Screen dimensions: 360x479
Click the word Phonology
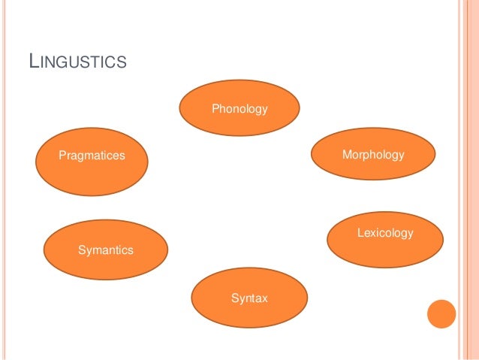[x=239, y=110]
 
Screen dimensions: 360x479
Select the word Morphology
[x=373, y=155]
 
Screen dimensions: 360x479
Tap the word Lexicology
[x=385, y=234]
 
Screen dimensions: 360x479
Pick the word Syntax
[x=249, y=299]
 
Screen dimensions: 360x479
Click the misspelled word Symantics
[x=106, y=250]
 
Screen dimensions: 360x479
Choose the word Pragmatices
[x=92, y=156]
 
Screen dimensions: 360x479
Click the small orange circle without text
[x=441, y=314]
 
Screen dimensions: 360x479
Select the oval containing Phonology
[x=239, y=107]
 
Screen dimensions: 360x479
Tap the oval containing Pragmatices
[x=92, y=162]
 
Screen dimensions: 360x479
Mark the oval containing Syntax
[x=249, y=298]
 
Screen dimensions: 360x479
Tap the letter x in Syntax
[x=264, y=299]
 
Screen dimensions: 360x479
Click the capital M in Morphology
[x=346, y=155]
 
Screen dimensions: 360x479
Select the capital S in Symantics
[x=82, y=250]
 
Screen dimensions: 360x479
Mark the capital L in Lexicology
[x=360, y=234]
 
